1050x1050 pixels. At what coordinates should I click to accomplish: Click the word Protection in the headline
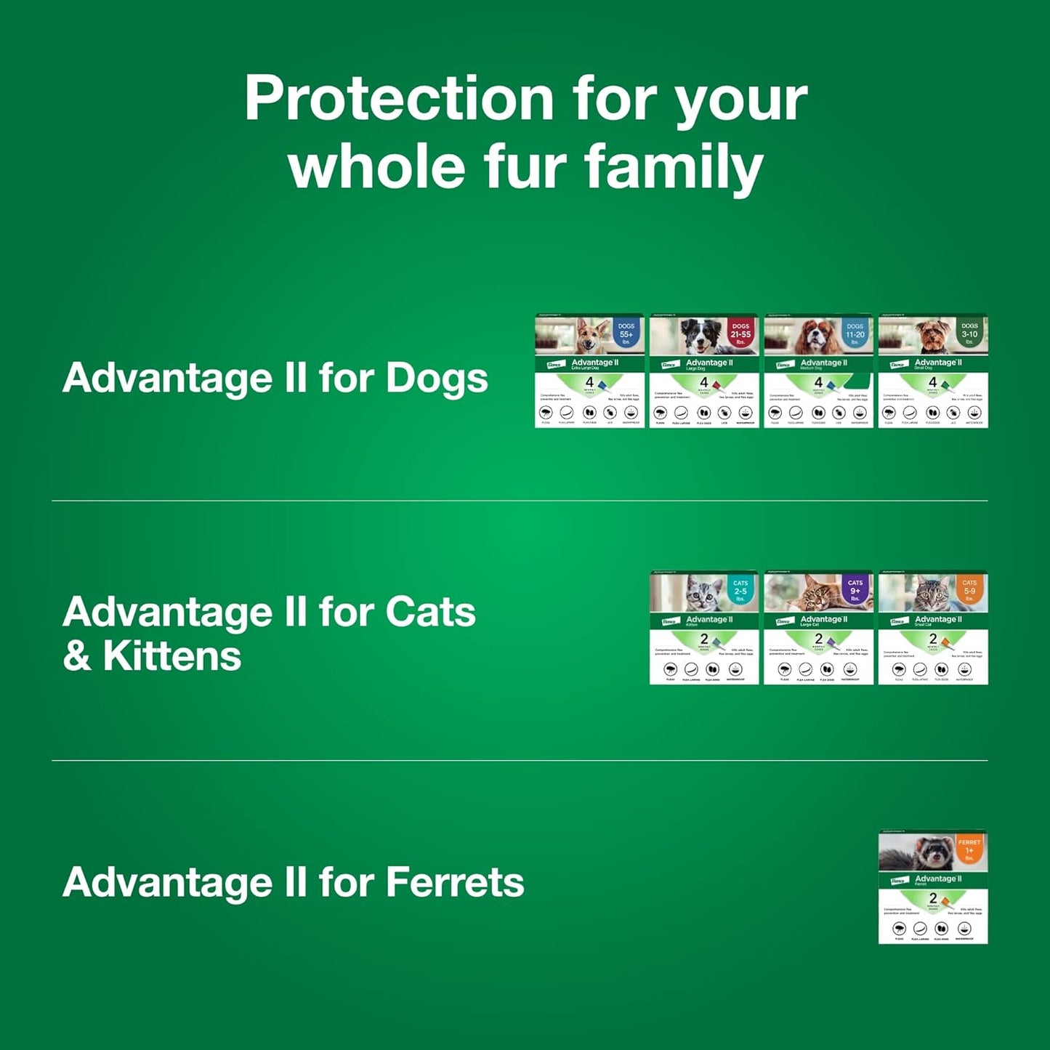399,99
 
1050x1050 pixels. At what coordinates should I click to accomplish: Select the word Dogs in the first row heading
437,378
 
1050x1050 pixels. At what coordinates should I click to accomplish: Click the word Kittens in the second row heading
171,656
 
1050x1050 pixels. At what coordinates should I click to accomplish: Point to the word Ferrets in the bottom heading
454,882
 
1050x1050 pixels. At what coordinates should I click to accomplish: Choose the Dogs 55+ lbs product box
589,371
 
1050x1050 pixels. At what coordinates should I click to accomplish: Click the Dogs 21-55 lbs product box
703,371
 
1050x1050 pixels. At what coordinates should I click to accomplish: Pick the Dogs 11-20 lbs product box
818,371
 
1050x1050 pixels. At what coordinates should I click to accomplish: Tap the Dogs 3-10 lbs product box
933,371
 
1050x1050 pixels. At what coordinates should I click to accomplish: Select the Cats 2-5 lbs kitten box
703,628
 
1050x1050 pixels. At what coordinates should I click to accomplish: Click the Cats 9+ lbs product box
818,628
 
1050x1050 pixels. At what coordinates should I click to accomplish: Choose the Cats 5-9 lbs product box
933,628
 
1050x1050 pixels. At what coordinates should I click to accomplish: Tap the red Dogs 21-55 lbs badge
740,334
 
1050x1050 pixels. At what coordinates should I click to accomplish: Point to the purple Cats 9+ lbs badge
855,590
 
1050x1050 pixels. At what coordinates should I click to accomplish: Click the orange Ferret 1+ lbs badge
969,849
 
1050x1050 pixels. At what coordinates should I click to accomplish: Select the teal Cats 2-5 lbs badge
740,590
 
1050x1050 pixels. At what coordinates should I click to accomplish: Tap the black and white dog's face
698,336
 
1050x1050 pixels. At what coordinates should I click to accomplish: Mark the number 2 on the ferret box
933,899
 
